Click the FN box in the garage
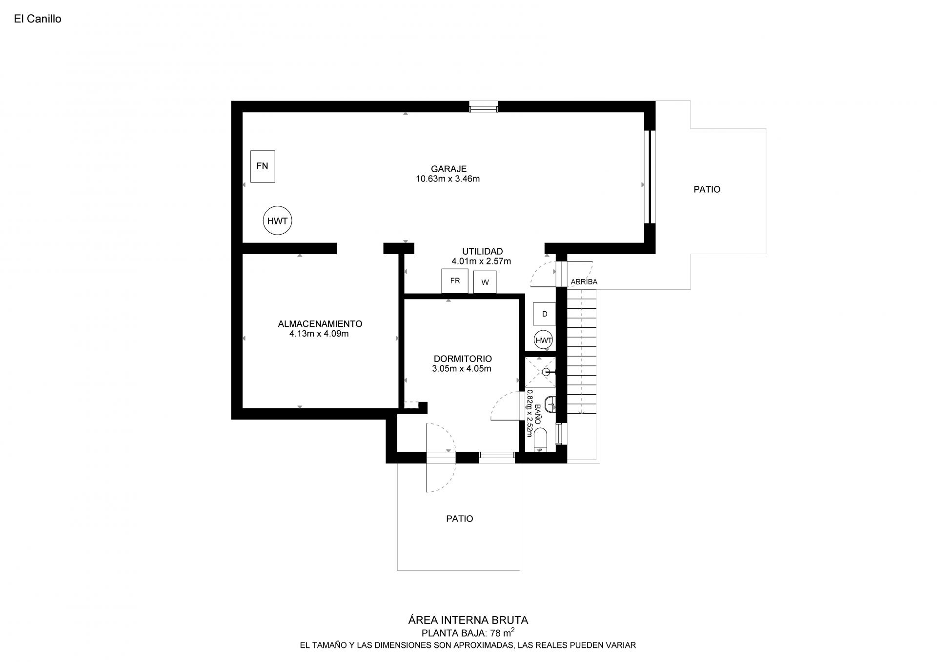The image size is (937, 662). coord(263,166)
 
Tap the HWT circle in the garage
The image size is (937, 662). coord(277,221)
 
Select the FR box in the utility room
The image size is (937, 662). coord(455,281)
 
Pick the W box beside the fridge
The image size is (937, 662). coord(485,282)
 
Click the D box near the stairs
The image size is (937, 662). coord(545,314)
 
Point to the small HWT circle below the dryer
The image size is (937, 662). coord(544,341)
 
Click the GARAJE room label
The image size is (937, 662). coord(448,169)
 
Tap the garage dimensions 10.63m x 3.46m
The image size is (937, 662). coord(448,179)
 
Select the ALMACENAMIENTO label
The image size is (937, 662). coord(320,324)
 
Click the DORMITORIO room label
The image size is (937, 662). coord(462,359)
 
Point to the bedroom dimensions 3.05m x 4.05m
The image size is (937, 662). coord(462,369)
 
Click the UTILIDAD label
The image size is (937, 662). coord(482,252)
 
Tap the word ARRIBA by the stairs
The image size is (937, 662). coord(584,282)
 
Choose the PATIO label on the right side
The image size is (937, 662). coord(707,189)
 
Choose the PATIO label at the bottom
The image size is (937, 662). coord(459,519)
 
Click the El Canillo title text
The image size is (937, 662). coord(38,19)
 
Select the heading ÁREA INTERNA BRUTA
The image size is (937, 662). coord(468,620)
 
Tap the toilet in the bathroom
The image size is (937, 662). coord(541,439)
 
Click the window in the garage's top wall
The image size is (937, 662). coord(484,106)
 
